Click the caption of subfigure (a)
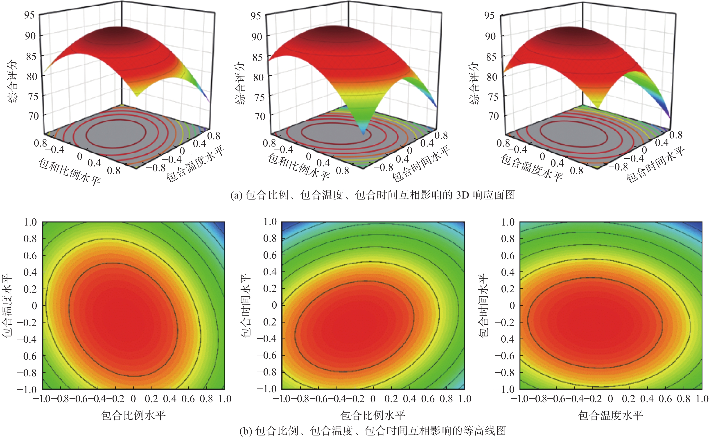click(373, 195)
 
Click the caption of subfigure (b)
click(373, 431)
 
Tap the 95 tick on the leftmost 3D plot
click(29, 15)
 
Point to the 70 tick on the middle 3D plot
click(260, 116)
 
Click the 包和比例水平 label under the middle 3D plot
click(298, 167)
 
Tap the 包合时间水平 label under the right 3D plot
click(655, 165)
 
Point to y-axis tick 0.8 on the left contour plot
click(30, 239)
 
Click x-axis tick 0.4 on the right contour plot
click(647, 399)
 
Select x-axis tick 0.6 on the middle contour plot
click(428, 399)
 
